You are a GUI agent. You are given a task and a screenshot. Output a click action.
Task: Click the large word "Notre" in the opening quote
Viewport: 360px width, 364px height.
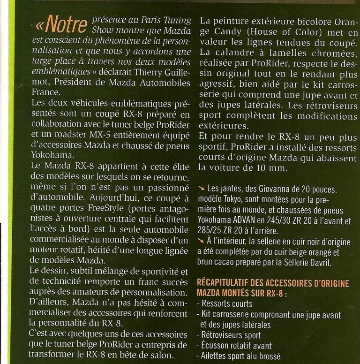pyautogui.click(x=61, y=23)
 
